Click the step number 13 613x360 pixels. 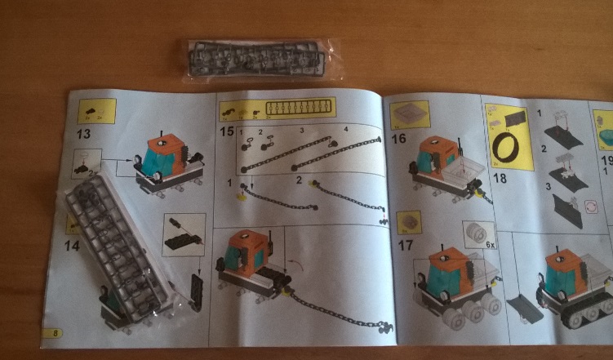83,133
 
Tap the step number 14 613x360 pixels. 72,243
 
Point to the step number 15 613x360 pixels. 226,130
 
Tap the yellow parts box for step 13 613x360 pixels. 96,110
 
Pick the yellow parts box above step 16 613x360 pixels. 409,115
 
